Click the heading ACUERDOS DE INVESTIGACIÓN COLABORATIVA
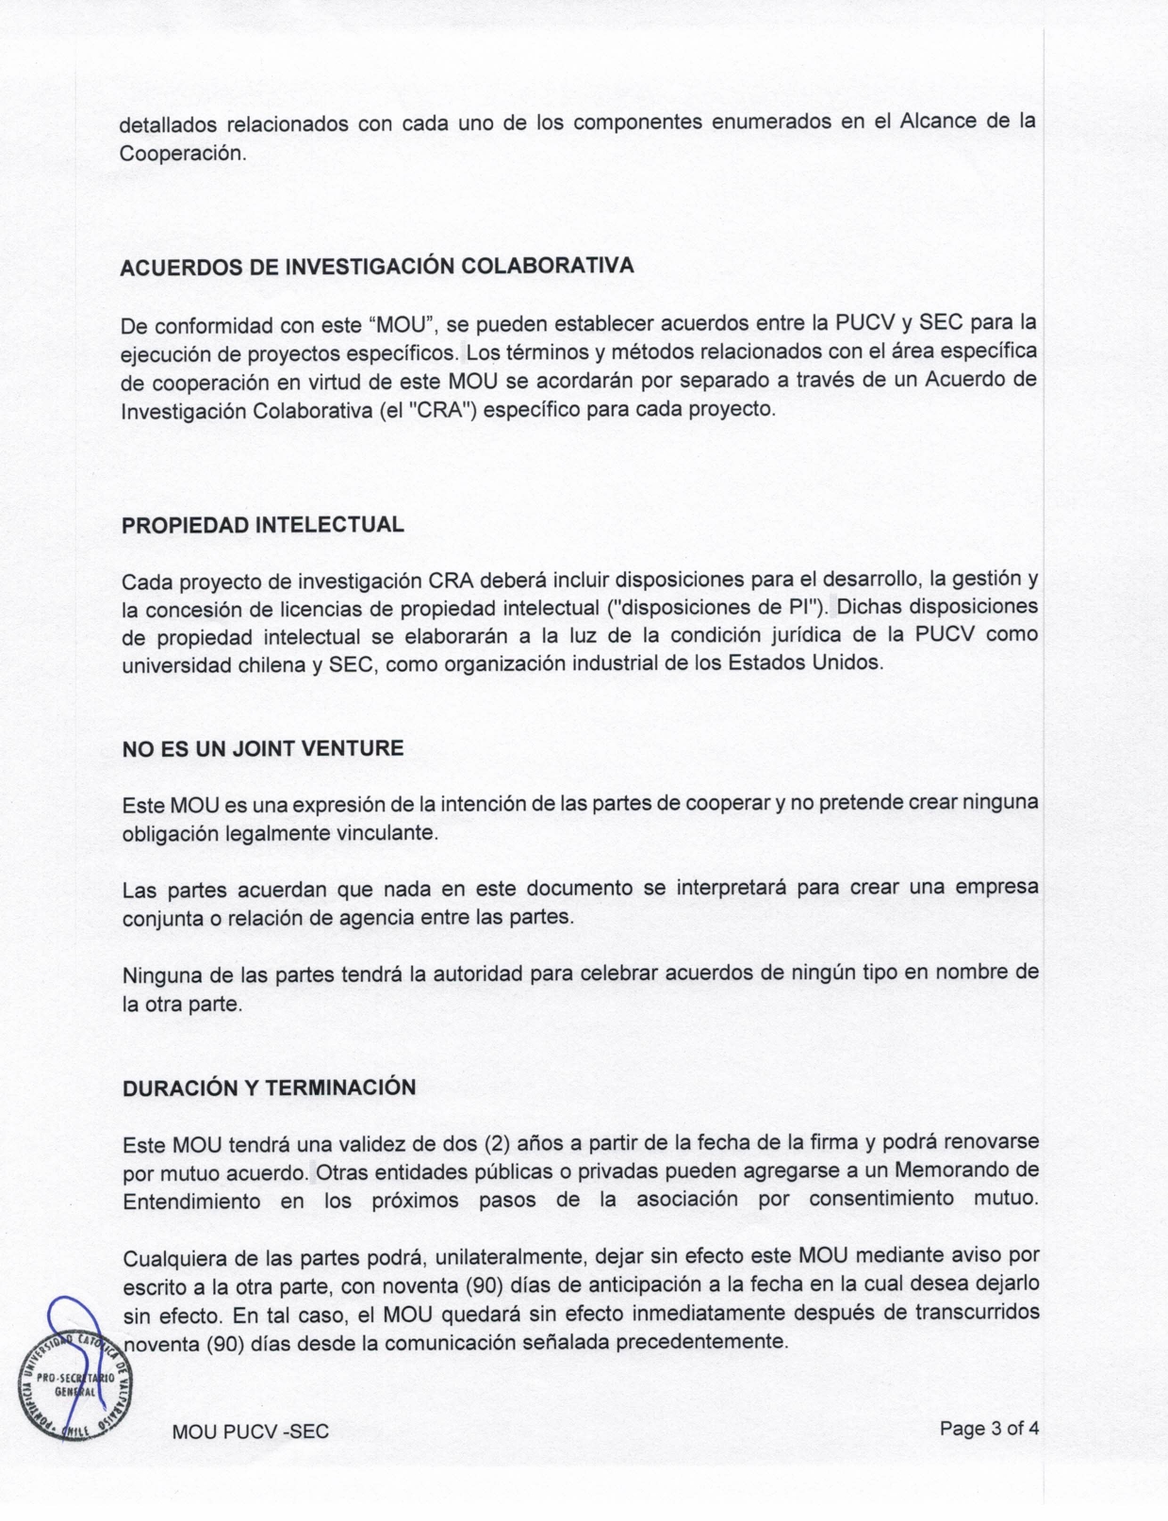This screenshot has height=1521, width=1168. coord(377,267)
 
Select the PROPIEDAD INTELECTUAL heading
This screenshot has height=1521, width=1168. coord(263,526)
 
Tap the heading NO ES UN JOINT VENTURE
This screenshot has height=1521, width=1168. coord(263,749)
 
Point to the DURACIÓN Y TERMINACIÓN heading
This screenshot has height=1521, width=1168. coord(269,1088)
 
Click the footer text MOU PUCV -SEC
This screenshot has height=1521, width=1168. coord(251,1431)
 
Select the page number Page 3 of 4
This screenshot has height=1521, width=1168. coord(989,1428)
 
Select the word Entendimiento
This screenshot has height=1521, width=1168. coord(191,1202)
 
